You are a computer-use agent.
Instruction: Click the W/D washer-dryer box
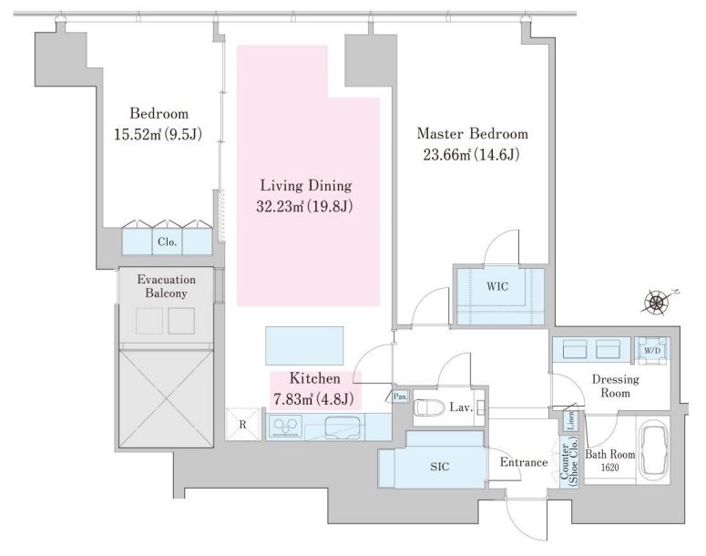(651, 350)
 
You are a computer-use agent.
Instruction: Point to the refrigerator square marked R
(242, 424)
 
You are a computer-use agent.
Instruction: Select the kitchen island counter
(304, 345)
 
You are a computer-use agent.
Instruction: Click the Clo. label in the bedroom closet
(167, 242)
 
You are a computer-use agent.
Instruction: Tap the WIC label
(497, 286)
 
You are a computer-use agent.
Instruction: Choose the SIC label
(439, 467)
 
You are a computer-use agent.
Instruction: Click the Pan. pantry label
(400, 397)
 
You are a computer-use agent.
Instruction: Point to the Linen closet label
(570, 420)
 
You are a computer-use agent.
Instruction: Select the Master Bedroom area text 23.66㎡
(446, 155)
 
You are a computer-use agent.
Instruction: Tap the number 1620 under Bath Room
(609, 468)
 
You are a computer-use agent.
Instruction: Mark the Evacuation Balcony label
(166, 286)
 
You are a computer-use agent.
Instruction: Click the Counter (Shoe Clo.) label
(568, 465)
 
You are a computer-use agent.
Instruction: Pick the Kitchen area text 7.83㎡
(293, 398)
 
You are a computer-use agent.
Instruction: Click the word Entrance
(524, 462)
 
